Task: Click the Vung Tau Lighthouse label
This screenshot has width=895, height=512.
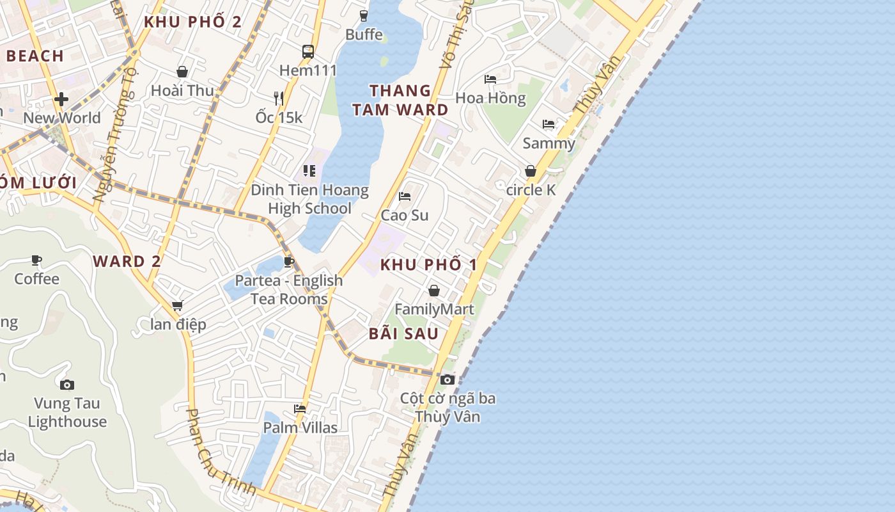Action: coord(67,412)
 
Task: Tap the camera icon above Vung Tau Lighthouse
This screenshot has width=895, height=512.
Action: coord(67,385)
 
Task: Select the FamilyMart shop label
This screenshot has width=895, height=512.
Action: coord(434,310)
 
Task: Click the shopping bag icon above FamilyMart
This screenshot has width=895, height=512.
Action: coord(434,291)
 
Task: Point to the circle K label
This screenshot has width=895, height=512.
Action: coord(531,190)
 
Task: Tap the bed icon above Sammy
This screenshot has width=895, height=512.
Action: coord(549,124)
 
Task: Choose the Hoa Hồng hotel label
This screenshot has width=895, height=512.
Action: coord(490,98)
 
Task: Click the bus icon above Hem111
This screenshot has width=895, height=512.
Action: coord(308,51)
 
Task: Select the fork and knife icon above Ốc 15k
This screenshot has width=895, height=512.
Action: coord(279,98)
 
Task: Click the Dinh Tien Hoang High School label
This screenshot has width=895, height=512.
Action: coord(309,199)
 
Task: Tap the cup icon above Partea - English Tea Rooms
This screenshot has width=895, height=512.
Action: coord(289,261)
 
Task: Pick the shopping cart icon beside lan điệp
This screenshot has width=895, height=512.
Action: coord(178,306)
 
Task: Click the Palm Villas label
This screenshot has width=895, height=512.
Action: coord(300,427)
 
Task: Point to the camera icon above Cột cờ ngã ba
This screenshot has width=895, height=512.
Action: coord(447,380)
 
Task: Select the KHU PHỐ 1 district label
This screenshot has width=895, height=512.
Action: coord(429,264)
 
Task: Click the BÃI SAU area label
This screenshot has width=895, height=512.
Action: coord(403,333)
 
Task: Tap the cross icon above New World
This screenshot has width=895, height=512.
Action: coord(61,99)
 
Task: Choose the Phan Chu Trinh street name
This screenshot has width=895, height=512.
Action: coord(221,452)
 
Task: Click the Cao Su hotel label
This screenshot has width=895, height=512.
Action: coord(405,215)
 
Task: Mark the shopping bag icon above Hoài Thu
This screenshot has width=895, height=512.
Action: coord(182,72)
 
